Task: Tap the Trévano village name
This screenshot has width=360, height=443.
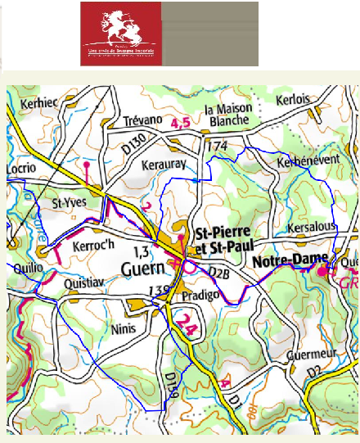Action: tap(143, 121)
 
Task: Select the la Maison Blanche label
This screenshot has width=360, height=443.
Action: tap(232, 115)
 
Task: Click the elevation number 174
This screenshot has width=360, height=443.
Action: tap(216, 146)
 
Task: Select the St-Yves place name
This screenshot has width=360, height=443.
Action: tap(69, 201)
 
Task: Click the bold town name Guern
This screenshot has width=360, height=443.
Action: tap(143, 268)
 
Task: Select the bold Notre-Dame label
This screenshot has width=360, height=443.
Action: tap(284, 262)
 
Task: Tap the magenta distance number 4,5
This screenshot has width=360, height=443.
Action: tap(181, 123)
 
